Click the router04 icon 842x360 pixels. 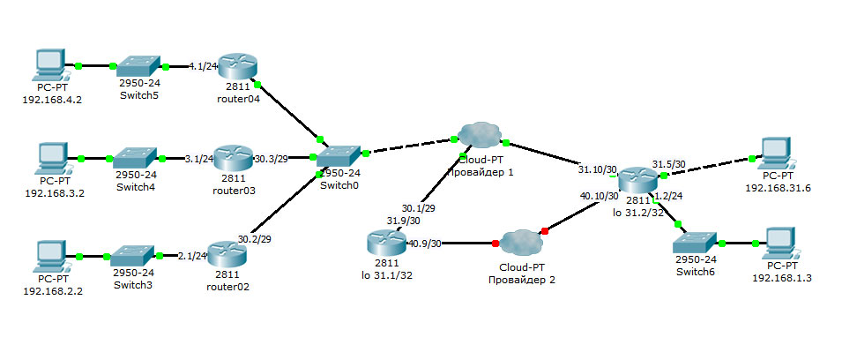point(238,66)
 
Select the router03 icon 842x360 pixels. point(233,158)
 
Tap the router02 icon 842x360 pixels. point(227,255)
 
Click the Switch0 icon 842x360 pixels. point(338,156)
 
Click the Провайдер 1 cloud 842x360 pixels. point(480,133)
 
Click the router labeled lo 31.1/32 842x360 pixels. point(387,244)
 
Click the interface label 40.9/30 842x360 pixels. point(425,244)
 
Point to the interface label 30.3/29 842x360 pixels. point(271,159)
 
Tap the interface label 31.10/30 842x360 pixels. point(597,169)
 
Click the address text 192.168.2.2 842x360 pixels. point(53,291)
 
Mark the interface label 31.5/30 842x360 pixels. point(668,164)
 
